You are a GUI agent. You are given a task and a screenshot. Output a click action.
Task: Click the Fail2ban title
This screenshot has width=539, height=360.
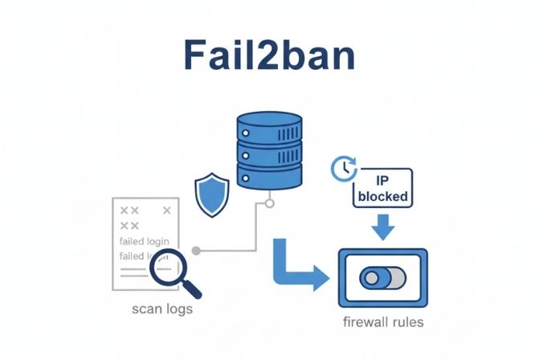pyautogui.click(x=269, y=55)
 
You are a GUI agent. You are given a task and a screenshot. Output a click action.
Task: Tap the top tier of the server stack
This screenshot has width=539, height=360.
pyautogui.click(x=268, y=128)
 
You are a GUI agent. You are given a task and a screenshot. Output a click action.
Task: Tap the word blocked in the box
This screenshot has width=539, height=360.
pyautogui.click(x=384, y=196)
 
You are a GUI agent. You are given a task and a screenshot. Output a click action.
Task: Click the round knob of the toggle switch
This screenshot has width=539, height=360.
pyautogui.click(x=370, y=278)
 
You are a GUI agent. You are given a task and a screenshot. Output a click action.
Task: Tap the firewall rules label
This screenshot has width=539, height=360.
pyautogui.click(x=382, y=322)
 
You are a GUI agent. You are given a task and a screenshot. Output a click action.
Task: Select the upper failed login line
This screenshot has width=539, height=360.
pyautogui.click(x=144, y=239)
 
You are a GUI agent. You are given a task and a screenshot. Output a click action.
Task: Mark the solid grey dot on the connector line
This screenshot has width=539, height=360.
pyautogui.click(x=196, y=251)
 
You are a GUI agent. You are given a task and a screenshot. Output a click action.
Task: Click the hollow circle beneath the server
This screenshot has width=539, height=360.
pyautogui.click(x=269, y=203)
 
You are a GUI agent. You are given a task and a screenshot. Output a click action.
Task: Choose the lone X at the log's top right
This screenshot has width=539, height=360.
pyautogui.click(x=167, y=211)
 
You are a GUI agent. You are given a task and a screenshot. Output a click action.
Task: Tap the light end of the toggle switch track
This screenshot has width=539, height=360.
pyautogui.click(x=396, y=278)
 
